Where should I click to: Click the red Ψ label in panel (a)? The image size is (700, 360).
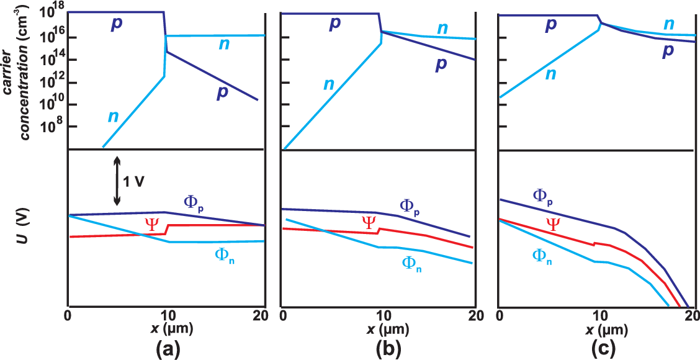coord(151,224)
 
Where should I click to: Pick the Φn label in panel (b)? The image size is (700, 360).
coord(412,263)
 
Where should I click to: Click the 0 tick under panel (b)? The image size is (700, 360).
coord(283,316)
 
